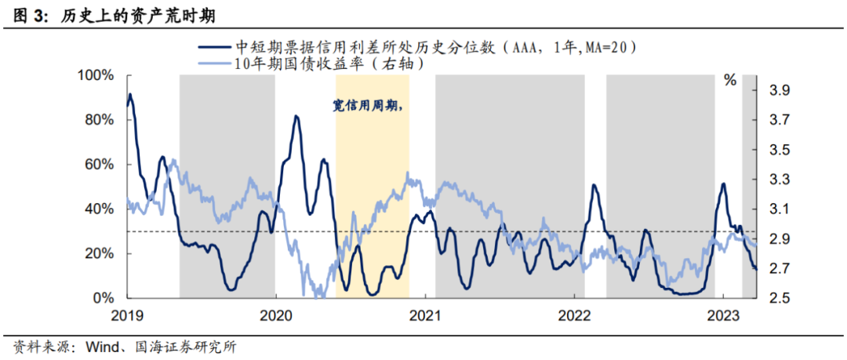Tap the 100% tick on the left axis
pyautogui.click(x=97, y=75)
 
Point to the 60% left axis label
pyautogui.click(x=101, y=165)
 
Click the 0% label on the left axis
pyautogui.click(x=105, y=299)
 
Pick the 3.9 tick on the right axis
pyautogui.click(x=760, y=91)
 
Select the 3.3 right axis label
pyautogui.click(x=760, y=180)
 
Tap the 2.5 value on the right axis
pyautogui.click(x=760, y=299)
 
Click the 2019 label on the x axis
pyautogui.click(x=127, y=315)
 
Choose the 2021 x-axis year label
pyautogui.click(x=424, y=315)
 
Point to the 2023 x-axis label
pyautogui.click(x=723, y=315)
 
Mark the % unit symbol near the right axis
pyautogui.click(x=730, y=80)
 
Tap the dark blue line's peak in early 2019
pyautogui.click(x=130, y=95)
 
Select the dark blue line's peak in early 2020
pyautogui.click(x=296, y=117)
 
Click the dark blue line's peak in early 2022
pyautogui.click(x=594, y=185)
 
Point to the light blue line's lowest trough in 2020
pyautogui.click(x=318, y=296)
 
